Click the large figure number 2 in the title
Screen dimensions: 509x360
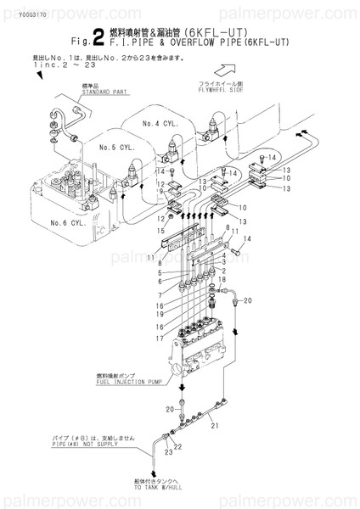(100, 35)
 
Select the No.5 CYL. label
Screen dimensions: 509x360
(116, 147)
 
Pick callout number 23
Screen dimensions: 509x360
(157, 454)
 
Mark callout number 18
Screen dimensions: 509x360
(222, 279)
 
